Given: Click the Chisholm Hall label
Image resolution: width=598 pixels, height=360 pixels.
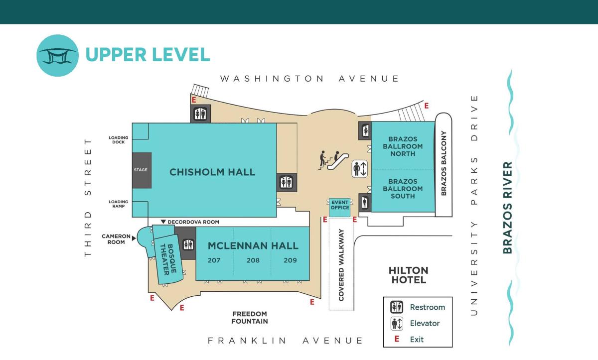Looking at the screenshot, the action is point(212,172).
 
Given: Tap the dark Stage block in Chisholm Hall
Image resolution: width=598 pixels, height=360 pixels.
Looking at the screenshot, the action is point(142,170).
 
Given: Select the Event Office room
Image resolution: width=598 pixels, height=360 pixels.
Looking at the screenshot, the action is point(339,207).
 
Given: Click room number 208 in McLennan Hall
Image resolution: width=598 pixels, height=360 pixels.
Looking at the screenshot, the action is point(253,260).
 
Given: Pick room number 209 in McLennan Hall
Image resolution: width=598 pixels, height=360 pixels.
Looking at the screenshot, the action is point(290,260).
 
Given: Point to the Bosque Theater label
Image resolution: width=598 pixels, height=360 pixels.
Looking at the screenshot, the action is point(168,259).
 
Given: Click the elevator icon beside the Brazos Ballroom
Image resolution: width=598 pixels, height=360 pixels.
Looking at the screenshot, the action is point(360,169).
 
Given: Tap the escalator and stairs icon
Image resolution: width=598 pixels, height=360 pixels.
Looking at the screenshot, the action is point(333,160).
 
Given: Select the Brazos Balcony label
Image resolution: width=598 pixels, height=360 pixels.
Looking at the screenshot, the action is point(444,163).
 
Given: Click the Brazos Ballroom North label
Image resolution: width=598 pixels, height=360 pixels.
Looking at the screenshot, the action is point(403,146).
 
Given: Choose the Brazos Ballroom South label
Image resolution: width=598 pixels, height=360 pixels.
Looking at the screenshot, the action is point(403,189).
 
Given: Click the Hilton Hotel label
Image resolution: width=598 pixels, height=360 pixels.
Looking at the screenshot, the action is point(409,275).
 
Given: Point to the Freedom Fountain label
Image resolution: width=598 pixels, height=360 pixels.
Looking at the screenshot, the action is point(250,318).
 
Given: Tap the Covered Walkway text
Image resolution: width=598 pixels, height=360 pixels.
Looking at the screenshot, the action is point(341,265).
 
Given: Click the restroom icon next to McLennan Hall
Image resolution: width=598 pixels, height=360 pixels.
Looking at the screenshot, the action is point(188,244).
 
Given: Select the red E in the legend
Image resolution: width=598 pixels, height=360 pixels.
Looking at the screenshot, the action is point(397,339).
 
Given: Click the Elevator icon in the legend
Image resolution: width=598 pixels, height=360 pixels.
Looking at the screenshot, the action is point(397,324).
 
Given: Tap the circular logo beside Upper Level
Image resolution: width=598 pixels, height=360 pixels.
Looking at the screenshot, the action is point(58,55).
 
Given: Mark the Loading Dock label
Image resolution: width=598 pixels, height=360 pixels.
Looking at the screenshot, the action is point(118,140).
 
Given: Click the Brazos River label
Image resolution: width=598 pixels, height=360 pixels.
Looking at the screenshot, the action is point(507,208).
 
